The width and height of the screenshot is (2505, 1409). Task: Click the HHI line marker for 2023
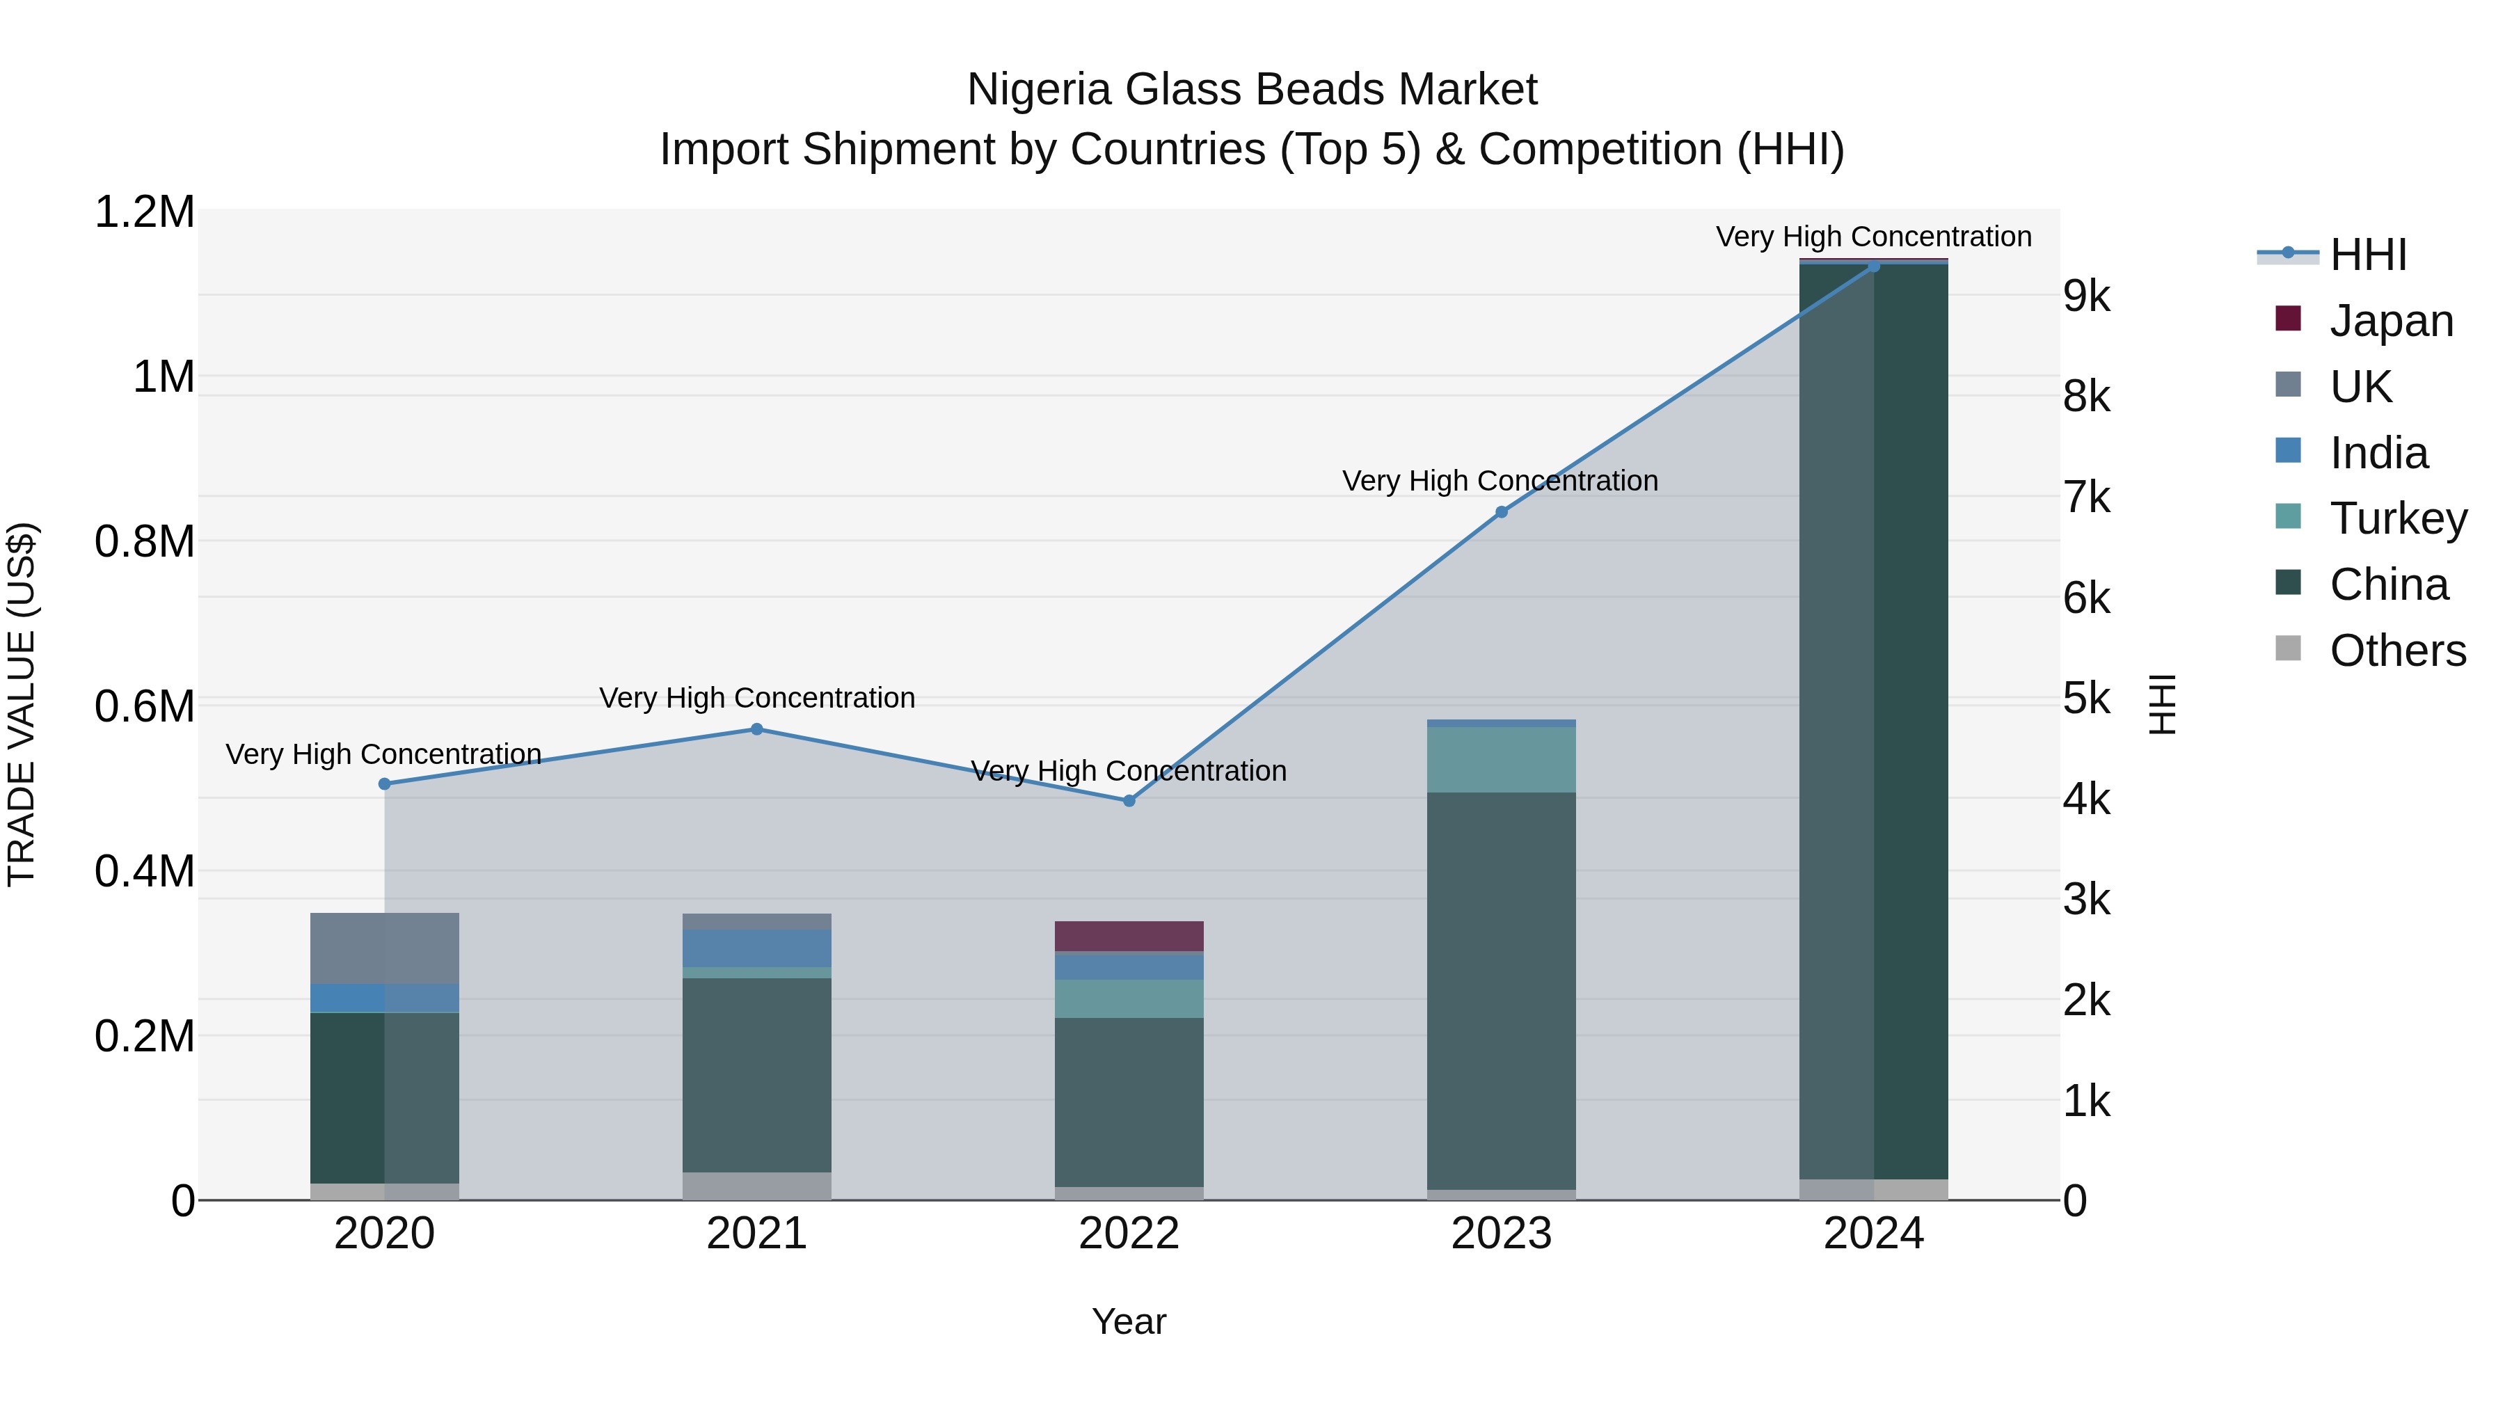1502,511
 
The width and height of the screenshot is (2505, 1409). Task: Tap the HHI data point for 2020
384,783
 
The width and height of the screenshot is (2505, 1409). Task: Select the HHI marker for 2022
1129,802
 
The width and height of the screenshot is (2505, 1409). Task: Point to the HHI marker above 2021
756,729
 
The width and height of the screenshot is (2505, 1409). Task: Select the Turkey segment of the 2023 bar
1502,759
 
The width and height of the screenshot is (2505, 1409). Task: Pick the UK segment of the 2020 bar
384,948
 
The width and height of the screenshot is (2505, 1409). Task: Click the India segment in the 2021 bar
756,948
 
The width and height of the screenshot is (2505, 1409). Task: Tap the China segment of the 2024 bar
1873,719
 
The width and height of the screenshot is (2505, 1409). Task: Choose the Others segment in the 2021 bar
756,1186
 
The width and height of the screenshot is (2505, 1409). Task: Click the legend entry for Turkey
2398,518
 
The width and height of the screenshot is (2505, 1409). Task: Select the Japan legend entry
2391,321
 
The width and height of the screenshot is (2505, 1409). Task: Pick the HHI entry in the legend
2368,255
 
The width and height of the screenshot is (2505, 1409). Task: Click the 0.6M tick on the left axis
145,706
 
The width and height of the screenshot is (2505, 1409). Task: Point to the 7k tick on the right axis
2087,498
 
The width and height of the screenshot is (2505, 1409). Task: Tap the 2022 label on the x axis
1129,1234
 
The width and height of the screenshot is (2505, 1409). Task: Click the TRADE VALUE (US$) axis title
22,704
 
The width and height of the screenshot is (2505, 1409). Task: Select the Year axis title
1129,1321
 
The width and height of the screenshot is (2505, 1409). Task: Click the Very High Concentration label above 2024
1873,237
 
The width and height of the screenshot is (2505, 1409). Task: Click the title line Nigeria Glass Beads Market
1252,90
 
